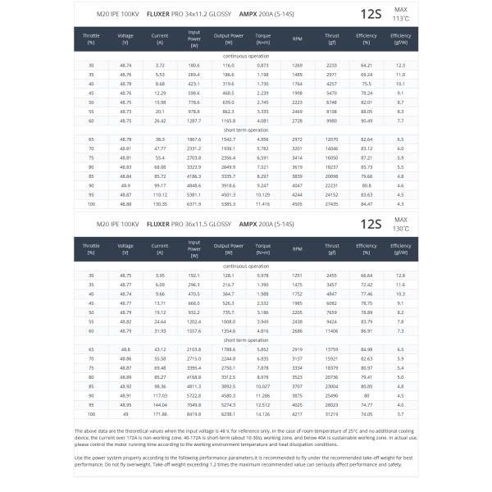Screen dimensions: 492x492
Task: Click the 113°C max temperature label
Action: pyautogui.click(x=400, y=17)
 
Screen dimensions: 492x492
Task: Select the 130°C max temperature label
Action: pyautogui.click(x=400, y=228)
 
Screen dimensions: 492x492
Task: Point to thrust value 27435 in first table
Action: pyautogui.click(x=332, y=203)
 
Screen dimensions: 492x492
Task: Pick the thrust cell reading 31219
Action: pyautogui.click(x=332, y=414)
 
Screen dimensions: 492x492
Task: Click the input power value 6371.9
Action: pyautogui.click(x=194, y=203)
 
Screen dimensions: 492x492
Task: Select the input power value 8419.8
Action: pyautogui.click(x=194, y=414)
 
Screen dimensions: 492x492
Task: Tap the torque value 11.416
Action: pyautogui.click(x=262, y=203)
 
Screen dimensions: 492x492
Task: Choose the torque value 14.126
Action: pyautogui.click(x=262, y=414)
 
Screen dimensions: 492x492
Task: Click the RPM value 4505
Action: pyautogui.click(x=297, y=203)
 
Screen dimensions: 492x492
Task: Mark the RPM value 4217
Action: pyautogui.click(x=297, y=414)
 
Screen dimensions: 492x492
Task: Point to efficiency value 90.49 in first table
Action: pyautogui.click(x=367, y=120)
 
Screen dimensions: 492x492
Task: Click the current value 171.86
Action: pyautogui.click(x=160, y=414)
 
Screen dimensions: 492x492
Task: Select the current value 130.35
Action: pyautogui.click(x=160, y=203)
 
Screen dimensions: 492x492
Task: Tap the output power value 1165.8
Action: pyautogui.click(x=228, y=120)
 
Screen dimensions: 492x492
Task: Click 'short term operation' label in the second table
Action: pyautogui.click(x=246, y=339)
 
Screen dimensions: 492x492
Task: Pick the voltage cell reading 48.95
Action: pyautogui.click(x=125, y=405)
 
